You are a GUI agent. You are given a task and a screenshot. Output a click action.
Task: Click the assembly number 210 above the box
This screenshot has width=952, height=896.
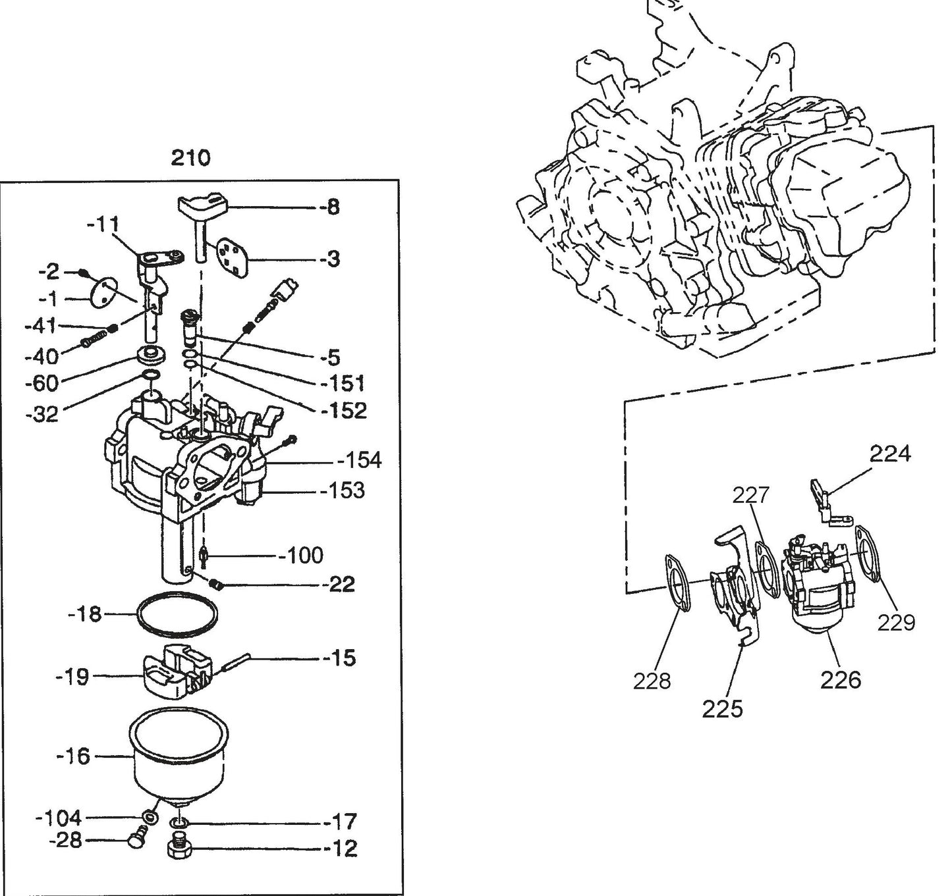[x=190, y=158]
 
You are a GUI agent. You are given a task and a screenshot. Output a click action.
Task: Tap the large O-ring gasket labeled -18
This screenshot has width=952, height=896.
[x=177, y=614]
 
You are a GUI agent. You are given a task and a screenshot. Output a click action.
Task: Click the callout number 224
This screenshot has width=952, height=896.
[x=889, y=454]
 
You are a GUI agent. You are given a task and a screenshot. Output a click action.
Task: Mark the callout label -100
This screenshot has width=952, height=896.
[x=300, y=556]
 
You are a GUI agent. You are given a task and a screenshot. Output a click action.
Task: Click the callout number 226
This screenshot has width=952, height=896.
[x=840, y=679]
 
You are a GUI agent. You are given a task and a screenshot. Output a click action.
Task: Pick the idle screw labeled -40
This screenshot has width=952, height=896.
[x=95, y=342]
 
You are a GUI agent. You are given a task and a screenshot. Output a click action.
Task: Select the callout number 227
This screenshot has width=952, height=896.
[x=751, y=494]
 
